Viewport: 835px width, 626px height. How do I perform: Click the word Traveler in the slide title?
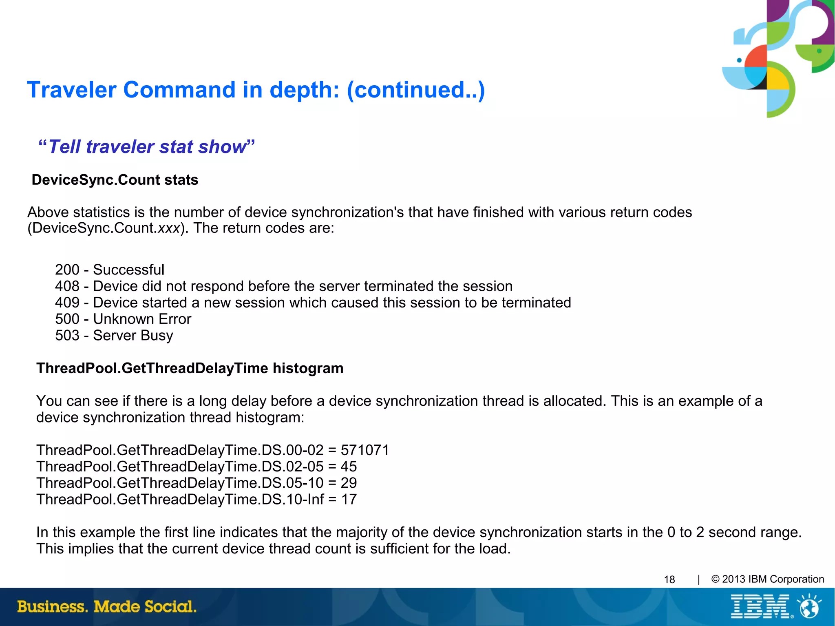click(x=72, y=90)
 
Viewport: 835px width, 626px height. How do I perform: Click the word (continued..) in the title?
click(x=416, y=90)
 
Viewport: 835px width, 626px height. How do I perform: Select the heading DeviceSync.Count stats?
click(x=115, y=180)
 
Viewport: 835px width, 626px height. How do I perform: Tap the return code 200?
click(x=67, y=270)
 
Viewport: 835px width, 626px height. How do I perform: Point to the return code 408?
click(x=67, y=286)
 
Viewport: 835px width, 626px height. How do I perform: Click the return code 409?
click(x=67, y=303)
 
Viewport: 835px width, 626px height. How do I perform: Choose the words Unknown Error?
click(x=142, y=319)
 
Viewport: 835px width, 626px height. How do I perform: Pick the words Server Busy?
click(x=133, y=335)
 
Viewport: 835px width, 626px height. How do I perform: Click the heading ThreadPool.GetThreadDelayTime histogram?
click(x=190, y=368)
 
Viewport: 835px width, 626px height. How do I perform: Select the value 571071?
click(x=365, y=450)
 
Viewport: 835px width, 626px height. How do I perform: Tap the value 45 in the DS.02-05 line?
click(x=349, y=467)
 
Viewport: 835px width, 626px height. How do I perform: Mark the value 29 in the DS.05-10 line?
click(x=349, y=483)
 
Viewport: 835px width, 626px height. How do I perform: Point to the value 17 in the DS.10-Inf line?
click(x=349, y=499)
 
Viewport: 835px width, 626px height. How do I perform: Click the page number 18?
click(x=669, y=580)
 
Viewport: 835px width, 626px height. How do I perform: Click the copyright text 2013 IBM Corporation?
click(x=772, y=579)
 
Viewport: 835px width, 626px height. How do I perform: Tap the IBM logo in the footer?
click(x=761, y=606)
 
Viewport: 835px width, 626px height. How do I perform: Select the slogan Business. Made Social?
click(x=107, y=606)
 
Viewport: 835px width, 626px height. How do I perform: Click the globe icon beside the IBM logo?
click(x=810, y=606)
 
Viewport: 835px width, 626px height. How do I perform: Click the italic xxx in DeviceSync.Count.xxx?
click(x=169, y=228)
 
